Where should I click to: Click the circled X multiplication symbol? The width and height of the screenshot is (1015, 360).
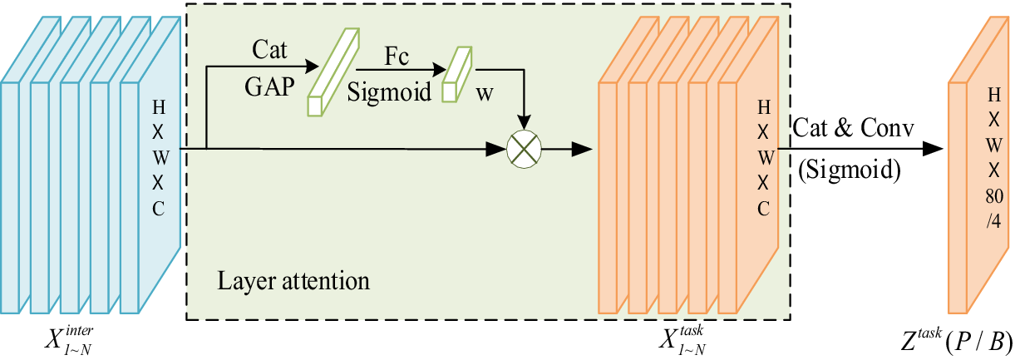coord(524,150)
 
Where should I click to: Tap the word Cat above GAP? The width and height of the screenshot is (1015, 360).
coord(270,51)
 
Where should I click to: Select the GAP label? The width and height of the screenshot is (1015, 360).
coord(269,87)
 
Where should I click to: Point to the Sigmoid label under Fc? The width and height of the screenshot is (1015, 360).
coord(390,91)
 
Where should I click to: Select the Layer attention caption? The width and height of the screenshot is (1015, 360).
coord(293,279)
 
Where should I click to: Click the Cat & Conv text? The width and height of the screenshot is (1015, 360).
coord(853,129)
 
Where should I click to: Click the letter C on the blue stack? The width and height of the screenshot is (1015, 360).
coord(159,208)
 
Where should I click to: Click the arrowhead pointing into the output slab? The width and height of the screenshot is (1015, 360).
coord(934,150)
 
